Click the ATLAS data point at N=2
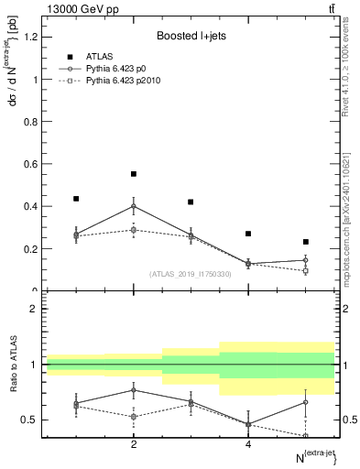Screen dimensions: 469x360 click(134, 173)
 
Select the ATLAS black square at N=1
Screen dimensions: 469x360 click(76, 198)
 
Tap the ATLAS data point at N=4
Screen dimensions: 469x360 click(248, 234)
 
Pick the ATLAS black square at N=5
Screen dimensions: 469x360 click(306, 242)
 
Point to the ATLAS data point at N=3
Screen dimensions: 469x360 click(191, 202)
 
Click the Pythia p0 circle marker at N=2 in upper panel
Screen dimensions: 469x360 click(134, 206)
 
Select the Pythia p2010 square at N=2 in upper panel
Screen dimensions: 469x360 click(134, 230)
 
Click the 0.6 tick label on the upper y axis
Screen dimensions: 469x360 click(33, 164)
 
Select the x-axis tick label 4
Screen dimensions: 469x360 click(248, 443)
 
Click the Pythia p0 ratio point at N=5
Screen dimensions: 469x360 click(306, 402)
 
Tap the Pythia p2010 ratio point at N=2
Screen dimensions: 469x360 click(134, 416)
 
